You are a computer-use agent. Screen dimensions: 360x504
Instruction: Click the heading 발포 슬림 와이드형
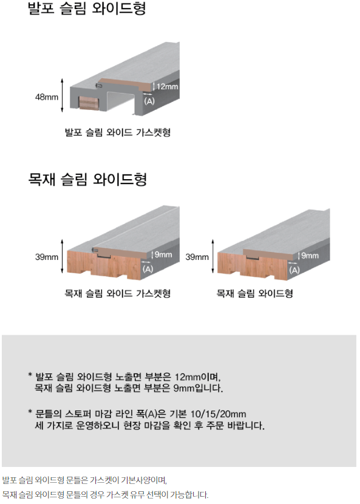tap(87, 9)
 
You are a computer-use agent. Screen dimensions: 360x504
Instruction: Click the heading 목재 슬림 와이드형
tap(87, 179)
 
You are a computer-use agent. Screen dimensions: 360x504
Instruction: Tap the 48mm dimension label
tap(47, 97)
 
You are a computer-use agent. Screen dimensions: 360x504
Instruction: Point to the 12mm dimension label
tap(167, 86)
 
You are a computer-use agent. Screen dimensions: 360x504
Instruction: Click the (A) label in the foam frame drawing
tap(149, 101)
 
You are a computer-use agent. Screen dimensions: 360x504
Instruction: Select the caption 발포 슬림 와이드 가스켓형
tap(118, 132)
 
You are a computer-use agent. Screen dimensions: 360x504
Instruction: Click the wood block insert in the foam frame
tap(89, 103)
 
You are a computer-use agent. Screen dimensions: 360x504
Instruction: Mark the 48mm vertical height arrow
tap(62, 95)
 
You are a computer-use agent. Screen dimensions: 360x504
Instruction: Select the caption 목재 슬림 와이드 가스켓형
tap(118, 293)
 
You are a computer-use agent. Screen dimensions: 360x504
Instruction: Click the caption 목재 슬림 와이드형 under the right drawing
tap(254, 293)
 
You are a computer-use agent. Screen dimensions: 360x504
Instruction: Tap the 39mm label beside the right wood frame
tap(197, 257)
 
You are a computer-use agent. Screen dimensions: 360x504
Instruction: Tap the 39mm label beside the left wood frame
tap(47, 257)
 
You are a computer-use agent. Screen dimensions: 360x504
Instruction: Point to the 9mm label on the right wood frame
tap(310, 256)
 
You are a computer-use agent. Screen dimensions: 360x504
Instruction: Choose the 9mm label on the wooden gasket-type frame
tap(163, 254)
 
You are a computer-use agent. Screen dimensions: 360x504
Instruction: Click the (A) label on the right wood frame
tap(294, 270)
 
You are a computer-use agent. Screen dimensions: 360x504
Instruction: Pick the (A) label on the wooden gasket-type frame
tap(148, 269)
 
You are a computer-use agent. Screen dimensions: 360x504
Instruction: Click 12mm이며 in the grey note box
tap(198, 376)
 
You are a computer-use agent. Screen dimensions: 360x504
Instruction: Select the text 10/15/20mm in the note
tap(219, 414)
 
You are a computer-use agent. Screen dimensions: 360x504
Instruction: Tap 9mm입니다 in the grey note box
tap(198, 388)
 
